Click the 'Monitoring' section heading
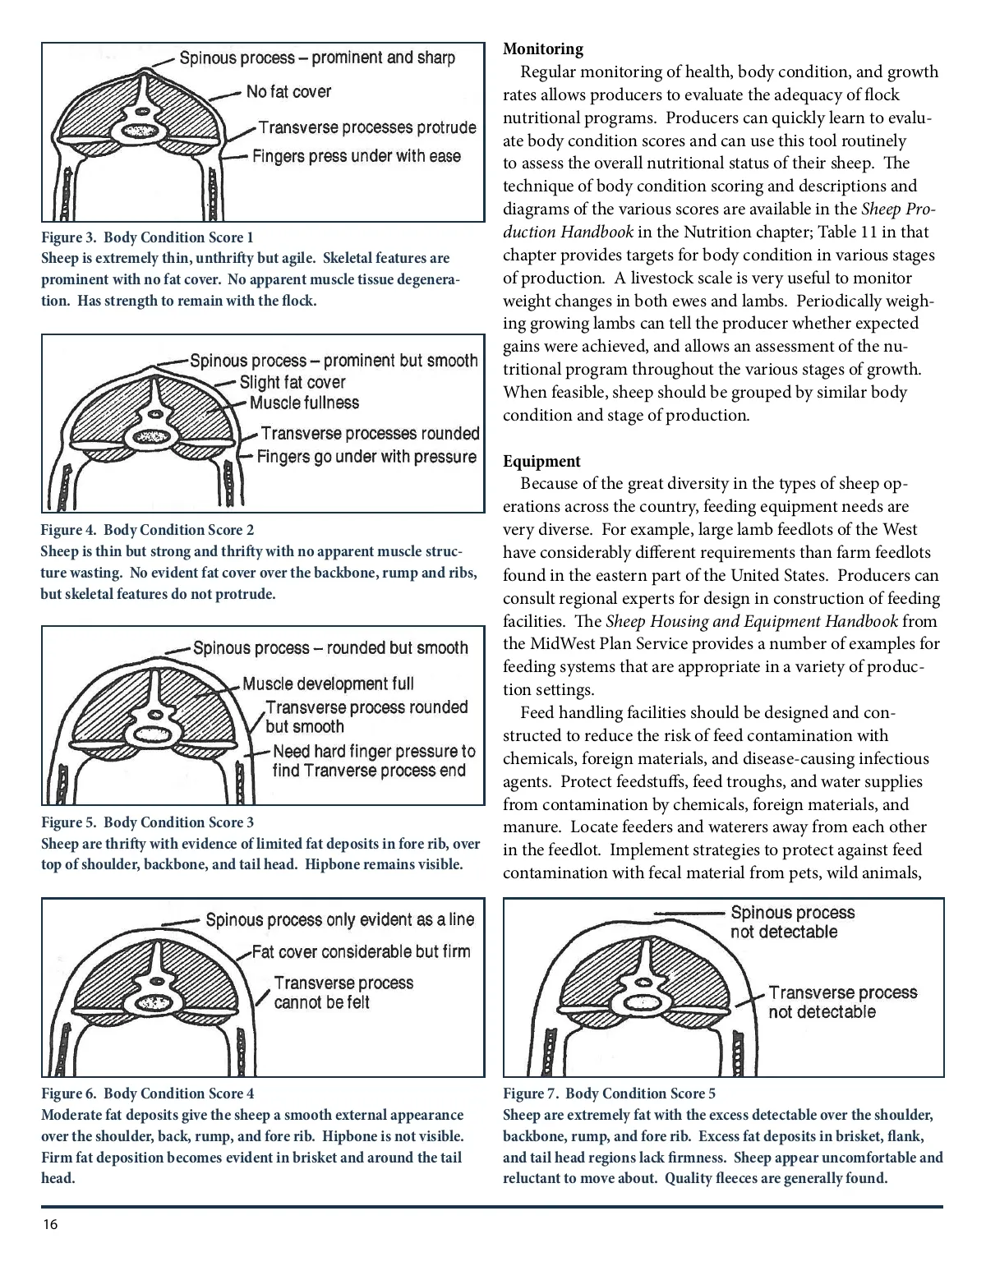542,49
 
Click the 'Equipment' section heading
541,462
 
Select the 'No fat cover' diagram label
288,92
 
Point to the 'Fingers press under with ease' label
357,156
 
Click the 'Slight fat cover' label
293,383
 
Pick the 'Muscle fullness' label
305,403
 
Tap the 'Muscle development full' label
328,684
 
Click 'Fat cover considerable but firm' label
361,952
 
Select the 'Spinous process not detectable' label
792,923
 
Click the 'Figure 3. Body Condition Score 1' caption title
148,237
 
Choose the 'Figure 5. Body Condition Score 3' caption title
148,822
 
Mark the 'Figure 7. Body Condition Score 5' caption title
609,1094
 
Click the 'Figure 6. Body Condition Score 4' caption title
148,1094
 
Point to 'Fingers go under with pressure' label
366,457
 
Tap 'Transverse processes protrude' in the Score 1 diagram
367,127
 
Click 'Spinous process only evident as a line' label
340,920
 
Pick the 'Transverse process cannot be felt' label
343,992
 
